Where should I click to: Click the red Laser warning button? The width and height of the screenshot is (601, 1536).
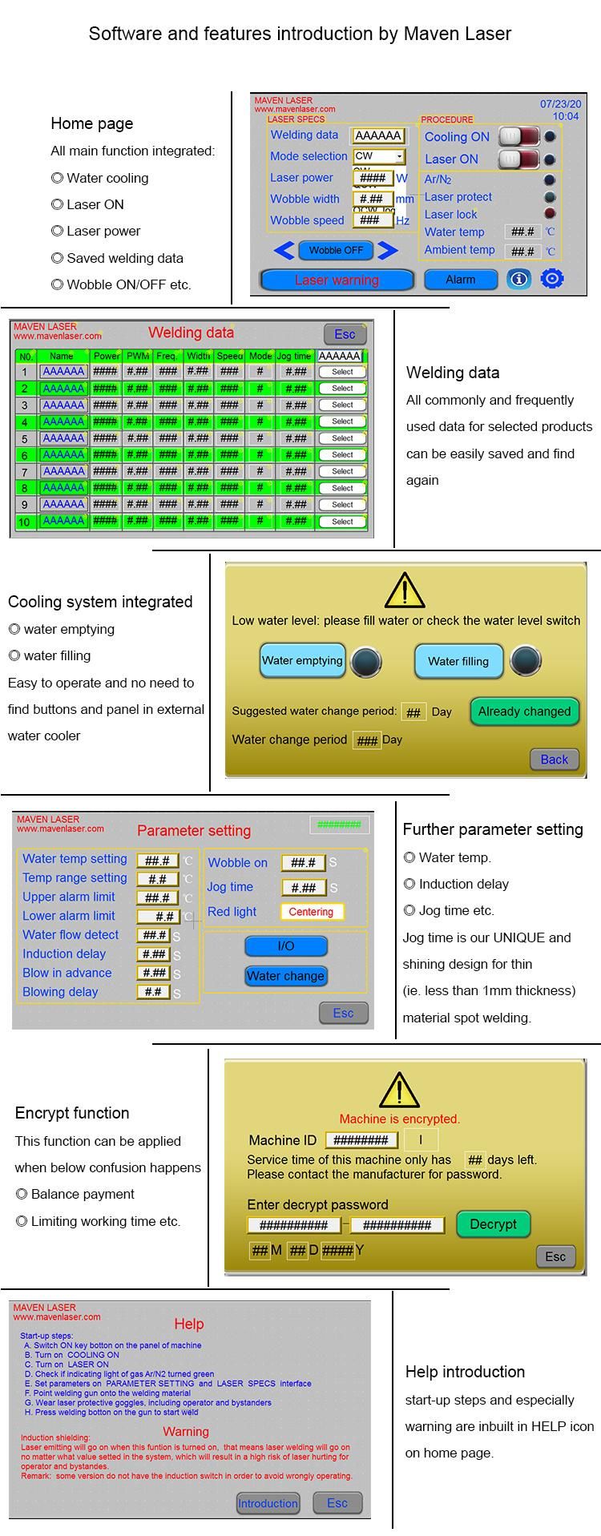337,280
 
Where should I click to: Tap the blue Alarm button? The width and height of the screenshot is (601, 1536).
460,280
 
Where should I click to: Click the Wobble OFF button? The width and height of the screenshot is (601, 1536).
336,250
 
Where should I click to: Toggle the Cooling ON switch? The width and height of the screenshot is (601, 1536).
518,137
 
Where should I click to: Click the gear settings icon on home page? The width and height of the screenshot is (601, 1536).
552,279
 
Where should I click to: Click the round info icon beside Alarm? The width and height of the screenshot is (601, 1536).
518,279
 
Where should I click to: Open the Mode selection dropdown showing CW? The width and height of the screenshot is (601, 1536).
379,156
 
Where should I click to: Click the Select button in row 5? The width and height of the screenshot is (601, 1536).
342,438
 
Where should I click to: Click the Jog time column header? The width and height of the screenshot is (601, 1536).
294,356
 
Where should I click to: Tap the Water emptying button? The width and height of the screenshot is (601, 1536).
302,661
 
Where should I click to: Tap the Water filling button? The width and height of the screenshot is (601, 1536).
458,661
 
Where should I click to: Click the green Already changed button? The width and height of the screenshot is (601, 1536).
524,712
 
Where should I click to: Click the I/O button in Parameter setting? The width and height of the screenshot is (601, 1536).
285,946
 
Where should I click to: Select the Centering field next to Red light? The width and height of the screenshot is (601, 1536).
311,912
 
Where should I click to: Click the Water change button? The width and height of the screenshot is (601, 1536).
285,976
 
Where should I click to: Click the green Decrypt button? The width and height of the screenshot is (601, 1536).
493,1224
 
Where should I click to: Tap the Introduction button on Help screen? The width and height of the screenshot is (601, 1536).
268,1503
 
